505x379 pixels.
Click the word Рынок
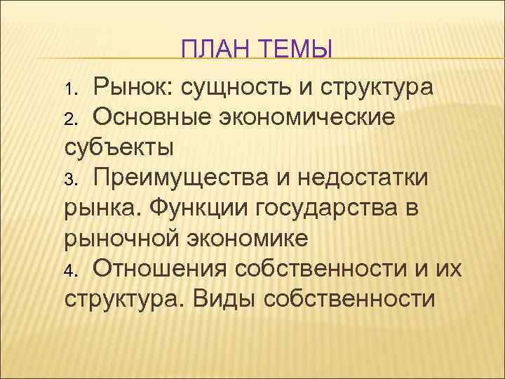click(x=132, y=88)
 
